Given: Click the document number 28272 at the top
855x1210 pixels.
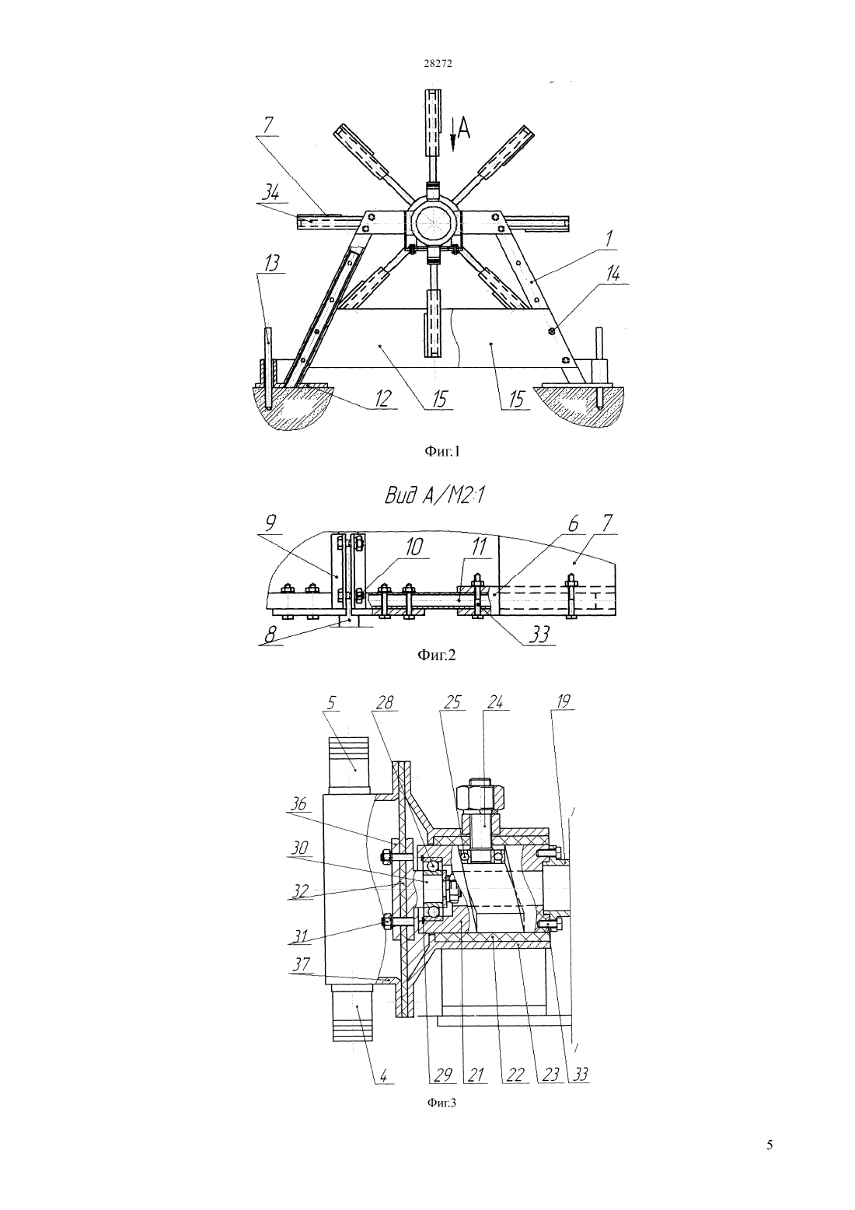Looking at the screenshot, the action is [x=438, y=63].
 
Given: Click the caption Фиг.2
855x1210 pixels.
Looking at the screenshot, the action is [x=437, y=655].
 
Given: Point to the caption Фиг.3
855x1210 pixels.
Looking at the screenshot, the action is [x=441, y=1103].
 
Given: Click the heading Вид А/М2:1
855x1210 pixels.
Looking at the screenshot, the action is [x=434, y=496].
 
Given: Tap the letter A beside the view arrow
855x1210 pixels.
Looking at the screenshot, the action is [x=464, y=128].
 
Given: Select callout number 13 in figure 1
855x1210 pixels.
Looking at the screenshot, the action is [x=272, y=264].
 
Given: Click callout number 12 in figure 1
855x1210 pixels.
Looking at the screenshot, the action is [x=381, y=400].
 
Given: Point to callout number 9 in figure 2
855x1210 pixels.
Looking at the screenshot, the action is [x=271, y=523].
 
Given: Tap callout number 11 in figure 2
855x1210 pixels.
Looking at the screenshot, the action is [x=478, y=547].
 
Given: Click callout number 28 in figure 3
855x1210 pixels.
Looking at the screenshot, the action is [x=385, y=702].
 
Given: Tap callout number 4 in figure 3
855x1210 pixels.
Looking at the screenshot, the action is [x=382, y=1075].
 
